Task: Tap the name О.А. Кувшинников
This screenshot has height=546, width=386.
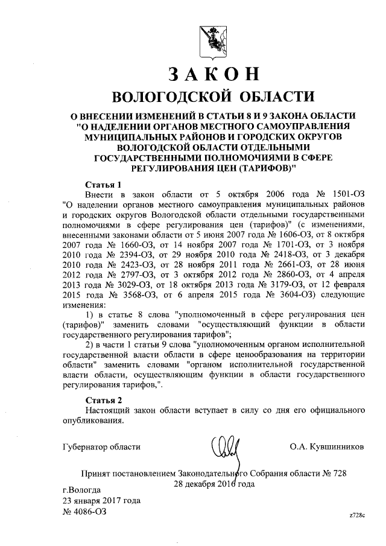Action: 327,447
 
